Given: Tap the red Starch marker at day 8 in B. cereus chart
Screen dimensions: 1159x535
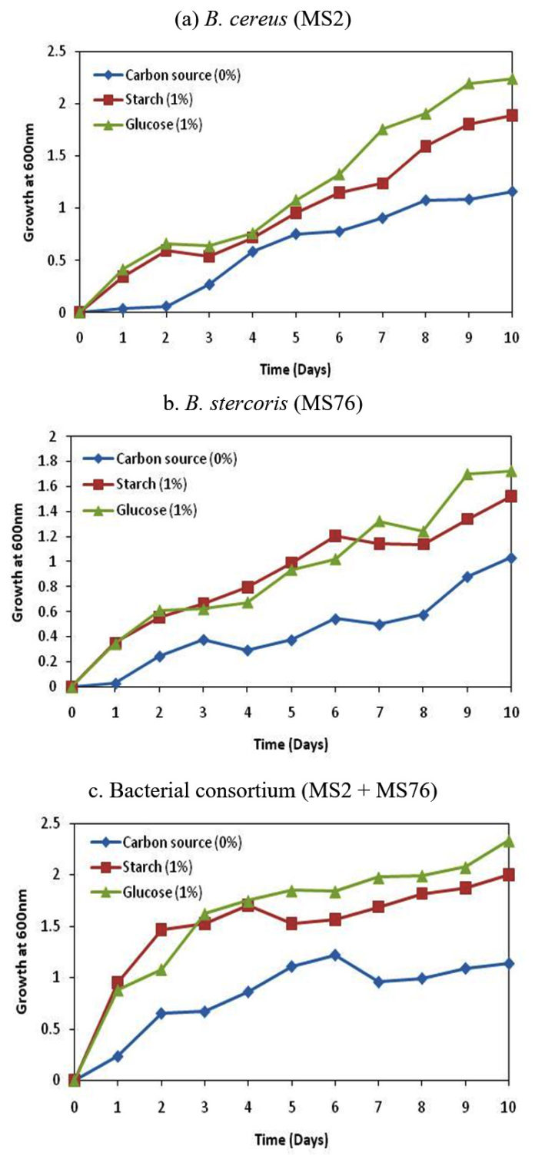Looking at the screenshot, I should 426,146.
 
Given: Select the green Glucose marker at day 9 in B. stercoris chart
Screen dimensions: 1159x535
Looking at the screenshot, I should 467,473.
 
